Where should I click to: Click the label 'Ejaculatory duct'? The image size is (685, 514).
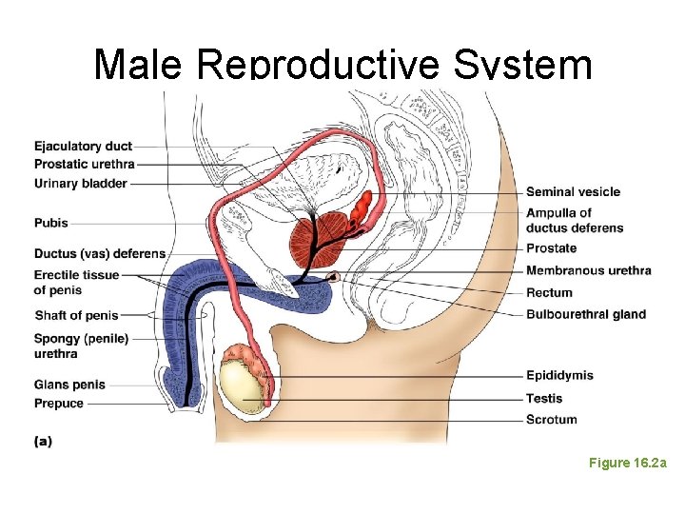[x=83, y=146]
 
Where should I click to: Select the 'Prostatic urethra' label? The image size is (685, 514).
[x=84, y=164]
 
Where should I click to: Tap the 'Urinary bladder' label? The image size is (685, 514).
[x=80, y=183]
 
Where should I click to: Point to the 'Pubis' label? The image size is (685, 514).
[x=51, y=223]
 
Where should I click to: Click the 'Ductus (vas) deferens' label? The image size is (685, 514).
[x=99, y=254]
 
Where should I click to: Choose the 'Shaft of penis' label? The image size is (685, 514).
[x=76, y=315]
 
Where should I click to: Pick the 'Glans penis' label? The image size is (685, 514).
[x=69, y=385]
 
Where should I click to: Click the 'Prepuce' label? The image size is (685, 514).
[x=59, y=404]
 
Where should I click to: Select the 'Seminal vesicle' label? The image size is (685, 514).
[x=573, y=191]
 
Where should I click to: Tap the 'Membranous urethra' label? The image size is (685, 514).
[x=588, y=270]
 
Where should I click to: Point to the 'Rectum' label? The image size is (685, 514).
[x=549, y=292]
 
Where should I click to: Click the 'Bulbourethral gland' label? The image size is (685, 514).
[x=585, y=314]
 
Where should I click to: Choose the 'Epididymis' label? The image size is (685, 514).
[x=559, y=375]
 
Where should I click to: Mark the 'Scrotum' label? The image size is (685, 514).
[x=551, y=419]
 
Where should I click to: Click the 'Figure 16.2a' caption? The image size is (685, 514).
[x=627, y=463]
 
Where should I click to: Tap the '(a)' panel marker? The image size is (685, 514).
[x=43, y=441]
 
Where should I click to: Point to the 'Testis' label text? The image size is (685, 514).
[x=544, y=398]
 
